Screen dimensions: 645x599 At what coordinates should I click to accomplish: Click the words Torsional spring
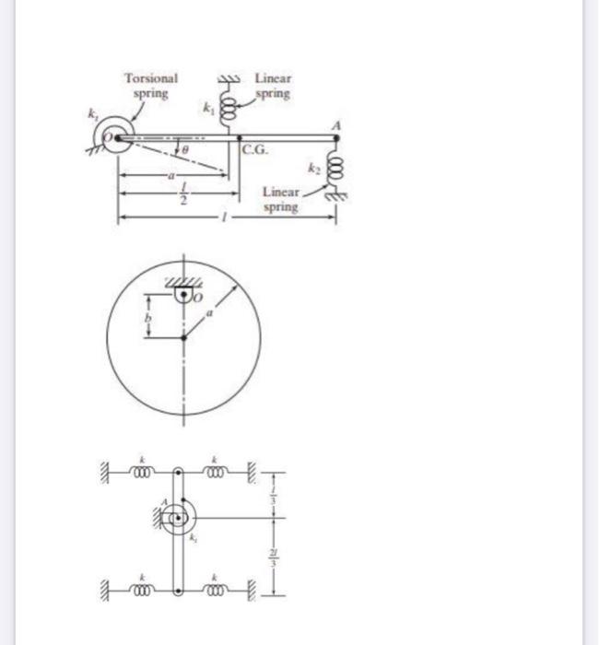(150, 86)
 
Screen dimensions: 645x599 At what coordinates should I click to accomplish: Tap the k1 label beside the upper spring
(209, 109)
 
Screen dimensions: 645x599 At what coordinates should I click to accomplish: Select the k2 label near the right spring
(314, 171)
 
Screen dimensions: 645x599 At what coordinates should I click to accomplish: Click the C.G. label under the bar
(255, 149)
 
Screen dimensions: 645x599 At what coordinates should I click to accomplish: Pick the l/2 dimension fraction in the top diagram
(182, 197)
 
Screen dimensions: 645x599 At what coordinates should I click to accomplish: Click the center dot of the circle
(183, 337)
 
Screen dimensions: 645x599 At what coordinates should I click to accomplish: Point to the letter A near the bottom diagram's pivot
(163, 502)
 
